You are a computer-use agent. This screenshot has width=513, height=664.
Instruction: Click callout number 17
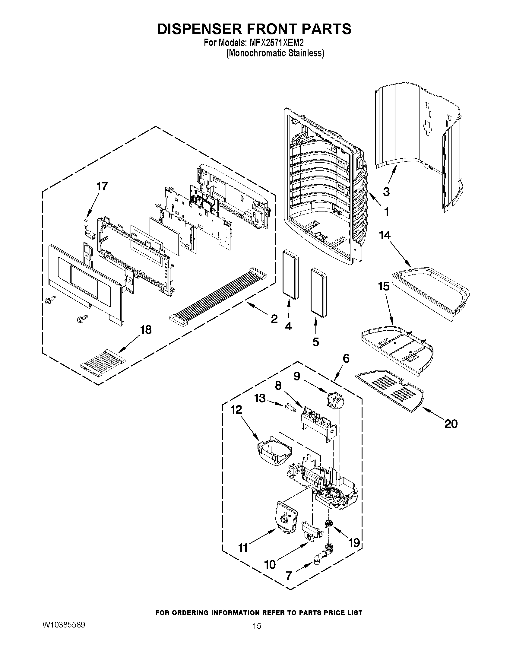(x=102, y=186)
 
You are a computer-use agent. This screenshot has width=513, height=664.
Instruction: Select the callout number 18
(x=146, y=330)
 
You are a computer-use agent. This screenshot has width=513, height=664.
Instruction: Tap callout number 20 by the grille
(x=451, y=424)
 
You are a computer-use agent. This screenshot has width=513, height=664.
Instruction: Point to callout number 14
(x=385, y=235)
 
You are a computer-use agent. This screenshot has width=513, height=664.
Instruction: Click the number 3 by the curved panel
(x=386, y=192)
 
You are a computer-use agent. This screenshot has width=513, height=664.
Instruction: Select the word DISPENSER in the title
(x=199, y=29)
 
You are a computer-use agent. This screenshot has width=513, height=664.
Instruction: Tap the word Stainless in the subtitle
(x=305, y=53)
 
